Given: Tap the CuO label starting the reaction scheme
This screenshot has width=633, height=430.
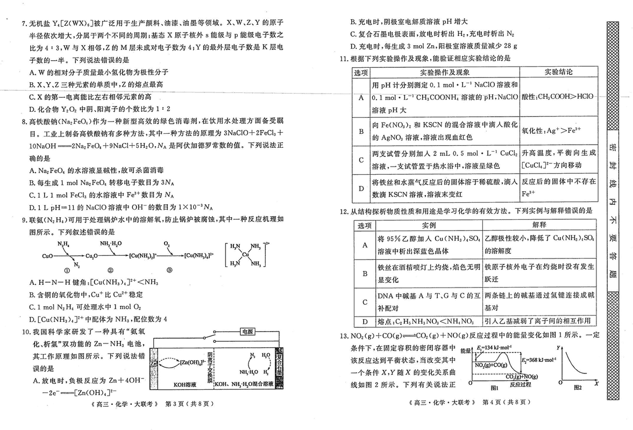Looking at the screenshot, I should click(48, 256).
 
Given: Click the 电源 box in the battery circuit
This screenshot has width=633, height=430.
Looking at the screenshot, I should click(248, 332).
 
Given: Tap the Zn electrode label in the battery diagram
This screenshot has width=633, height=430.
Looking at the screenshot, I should click(154, 363).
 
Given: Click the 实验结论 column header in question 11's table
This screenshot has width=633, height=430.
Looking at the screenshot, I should click(559, 71).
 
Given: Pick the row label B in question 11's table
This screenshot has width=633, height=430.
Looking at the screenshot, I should click(361, 131).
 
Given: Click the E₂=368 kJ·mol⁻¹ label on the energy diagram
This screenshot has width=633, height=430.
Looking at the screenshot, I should click(538, 360).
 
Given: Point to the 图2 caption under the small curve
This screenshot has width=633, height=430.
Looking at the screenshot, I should click(578, 387).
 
